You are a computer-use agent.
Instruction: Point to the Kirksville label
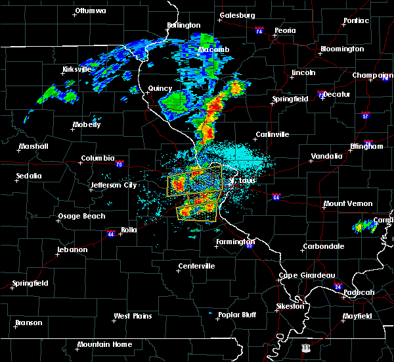76,69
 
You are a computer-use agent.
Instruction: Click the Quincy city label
160,88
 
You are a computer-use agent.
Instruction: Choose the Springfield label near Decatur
290,99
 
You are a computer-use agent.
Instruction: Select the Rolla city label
129,230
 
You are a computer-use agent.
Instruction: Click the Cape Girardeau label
307,275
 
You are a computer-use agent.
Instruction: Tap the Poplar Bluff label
238,315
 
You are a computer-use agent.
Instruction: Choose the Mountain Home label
104,344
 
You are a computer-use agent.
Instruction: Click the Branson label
28,323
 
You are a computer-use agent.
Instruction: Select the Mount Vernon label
347,203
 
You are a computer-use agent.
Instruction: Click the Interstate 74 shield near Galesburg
259,30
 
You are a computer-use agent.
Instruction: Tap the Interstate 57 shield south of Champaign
365,116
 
